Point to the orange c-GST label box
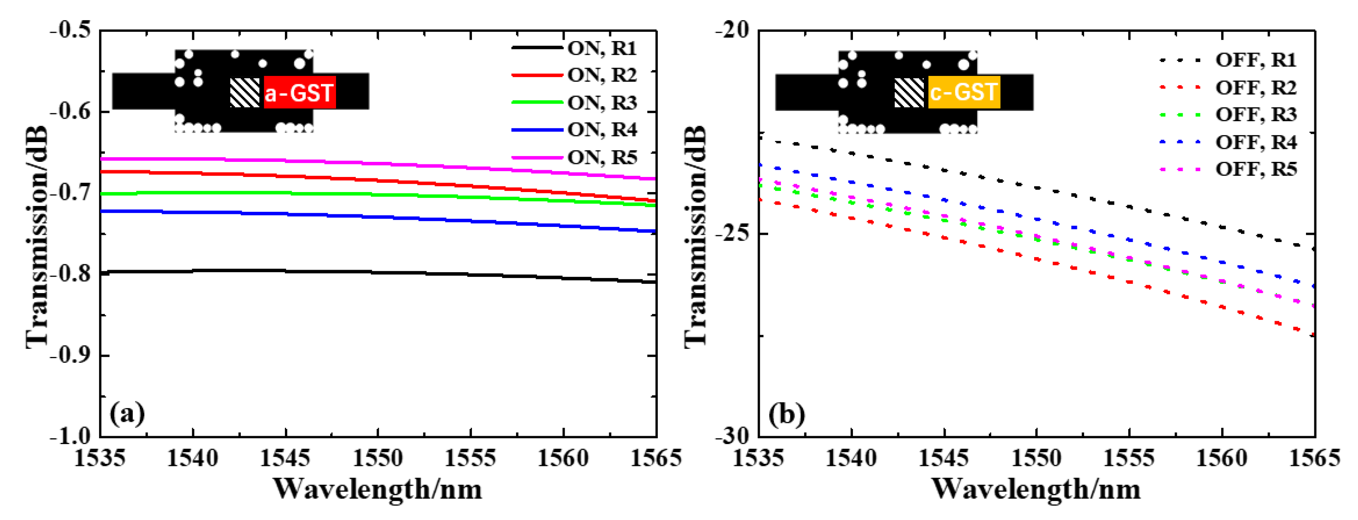pyautogui.click(x=964, y=93)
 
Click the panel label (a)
pyautogui.click(x=127, y=414)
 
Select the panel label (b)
pyautogui.click(x=787, y=414)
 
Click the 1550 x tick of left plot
pyautogui.click(x=378, y=458)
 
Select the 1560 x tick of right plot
pyautogui.click(x=1222, y=458)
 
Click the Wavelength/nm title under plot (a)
pyautogui.click(x=378, y=489)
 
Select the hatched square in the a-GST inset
pyautogui.click(x=245, y=93)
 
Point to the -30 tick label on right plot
pyautogui.click(x=733, y=436)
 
